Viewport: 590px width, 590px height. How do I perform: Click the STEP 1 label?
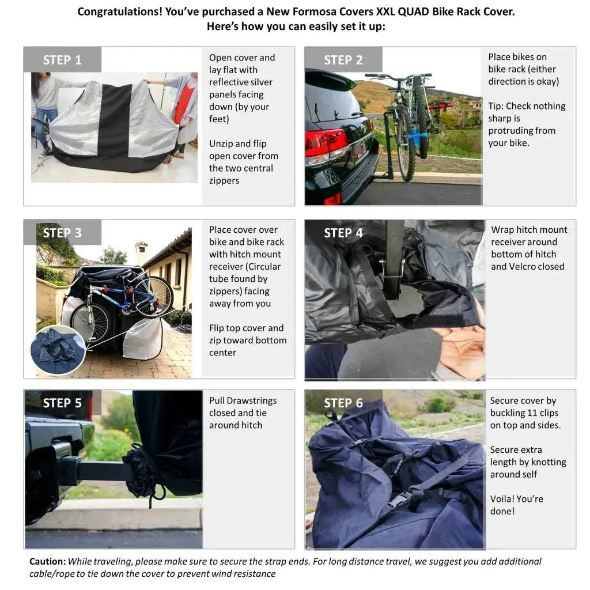pos(62,60)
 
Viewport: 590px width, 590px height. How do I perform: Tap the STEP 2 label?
pos(343,60)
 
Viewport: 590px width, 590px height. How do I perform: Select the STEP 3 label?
pos(62,233)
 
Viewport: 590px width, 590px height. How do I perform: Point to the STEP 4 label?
pos(343,233)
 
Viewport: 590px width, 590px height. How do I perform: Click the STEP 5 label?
pos(62,403)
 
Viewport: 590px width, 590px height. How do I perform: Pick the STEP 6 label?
pos(343,403)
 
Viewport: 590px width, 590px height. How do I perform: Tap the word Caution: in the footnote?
pos(47,561)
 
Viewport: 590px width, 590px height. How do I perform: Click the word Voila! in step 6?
pos(502,499)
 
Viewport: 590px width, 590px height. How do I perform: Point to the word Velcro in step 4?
pos(523,267)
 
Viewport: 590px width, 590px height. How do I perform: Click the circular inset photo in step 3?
pos(58,350)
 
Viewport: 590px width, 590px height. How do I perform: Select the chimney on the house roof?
pos(141,253)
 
